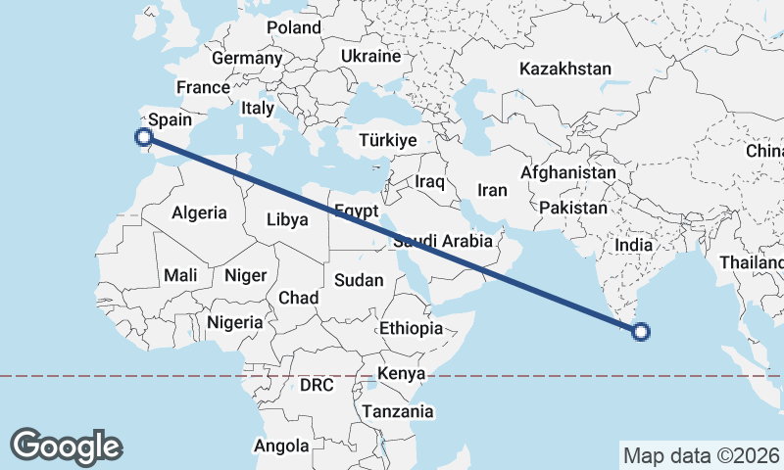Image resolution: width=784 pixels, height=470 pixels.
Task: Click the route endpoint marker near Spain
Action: pyautogui.click(x=145, y=138)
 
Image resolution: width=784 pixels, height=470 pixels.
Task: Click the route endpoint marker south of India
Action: pyautogui.click(x=641, y=332)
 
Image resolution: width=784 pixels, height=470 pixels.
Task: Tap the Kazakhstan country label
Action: pyautogui.click(x=565, y=70)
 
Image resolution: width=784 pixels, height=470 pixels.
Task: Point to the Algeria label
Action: pyautogui.click(x=199, y=212)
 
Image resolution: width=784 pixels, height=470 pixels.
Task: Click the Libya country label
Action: pyautogui.click(x=287, y=219)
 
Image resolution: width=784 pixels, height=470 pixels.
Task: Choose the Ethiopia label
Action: pyautogui.click(x=411, y=328)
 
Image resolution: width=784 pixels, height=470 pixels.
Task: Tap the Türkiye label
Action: pyautogui.click(x=388, y=141)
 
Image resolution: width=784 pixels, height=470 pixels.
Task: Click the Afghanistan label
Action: pyautogui.click(x=568, y=173)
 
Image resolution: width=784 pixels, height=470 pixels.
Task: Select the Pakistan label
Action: pyautogui.click(x=573, y=208)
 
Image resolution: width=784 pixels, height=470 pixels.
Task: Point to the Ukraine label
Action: pyautogui.click(x=371, y=56)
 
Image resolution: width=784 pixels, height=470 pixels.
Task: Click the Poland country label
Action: pyautogui.click(x=293, y=27)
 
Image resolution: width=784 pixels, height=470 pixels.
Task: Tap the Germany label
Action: pyautogui.click(x=247, y=59)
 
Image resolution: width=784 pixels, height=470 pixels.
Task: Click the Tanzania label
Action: pyautogui.click(x=397, y=411)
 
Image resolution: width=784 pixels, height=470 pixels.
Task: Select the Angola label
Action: pyautogui.click(x=281, y=446)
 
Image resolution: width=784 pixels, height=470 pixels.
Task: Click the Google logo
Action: pyautogui.click(x=66, y=446)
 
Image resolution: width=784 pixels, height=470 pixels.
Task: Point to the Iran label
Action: pyautogui.click(x=491, y=189)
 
